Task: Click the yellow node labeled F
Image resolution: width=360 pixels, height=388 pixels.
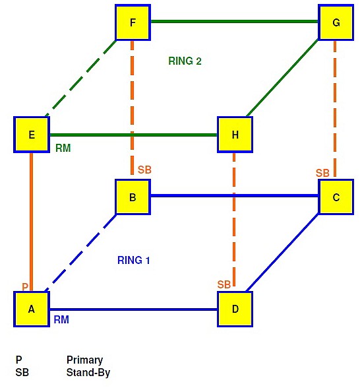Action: tap(133, 22)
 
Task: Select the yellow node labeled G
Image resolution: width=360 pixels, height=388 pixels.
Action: tap(336, 22)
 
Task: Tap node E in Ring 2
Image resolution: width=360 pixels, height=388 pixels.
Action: tap(32, 135)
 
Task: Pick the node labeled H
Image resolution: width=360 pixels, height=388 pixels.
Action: tap(235, 135)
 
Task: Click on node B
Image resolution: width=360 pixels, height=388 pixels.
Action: tap(133, 197)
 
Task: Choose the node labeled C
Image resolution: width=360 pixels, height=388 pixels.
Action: tap(336, 197)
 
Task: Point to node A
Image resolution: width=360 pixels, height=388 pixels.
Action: tap(32, 309)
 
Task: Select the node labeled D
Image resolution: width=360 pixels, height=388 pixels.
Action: tap(235, 309)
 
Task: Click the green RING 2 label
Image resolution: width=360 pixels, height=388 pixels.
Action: tap(185, 61)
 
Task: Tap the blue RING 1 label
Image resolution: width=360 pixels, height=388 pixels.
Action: tap(133, 260)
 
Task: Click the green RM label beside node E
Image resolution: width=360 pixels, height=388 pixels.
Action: tap(63, 148)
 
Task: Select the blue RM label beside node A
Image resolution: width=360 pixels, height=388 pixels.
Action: tap(61, 319)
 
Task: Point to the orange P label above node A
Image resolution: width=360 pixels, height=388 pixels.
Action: tap(25, 286)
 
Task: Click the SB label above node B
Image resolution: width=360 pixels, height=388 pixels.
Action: tap(144, 170)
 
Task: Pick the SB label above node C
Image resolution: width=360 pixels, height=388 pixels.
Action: tap(322, 173)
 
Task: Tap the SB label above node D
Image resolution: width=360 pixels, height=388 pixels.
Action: tap(224, 284)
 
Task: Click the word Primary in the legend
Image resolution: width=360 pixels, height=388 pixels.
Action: tap(84, 360)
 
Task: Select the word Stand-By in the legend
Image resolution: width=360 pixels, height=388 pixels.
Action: tap(88, 373)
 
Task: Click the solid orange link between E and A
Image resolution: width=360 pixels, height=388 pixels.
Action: tap(32, 222)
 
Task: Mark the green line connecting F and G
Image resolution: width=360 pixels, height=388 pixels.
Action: tap(235, 22)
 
